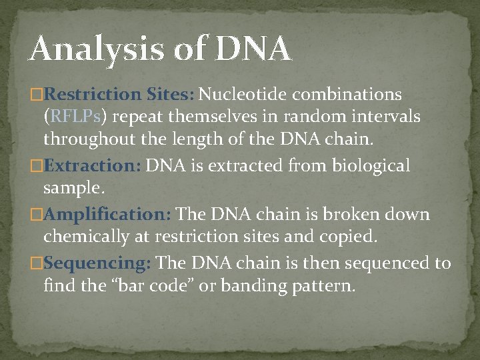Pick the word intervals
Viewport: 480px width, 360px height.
pos(387,117)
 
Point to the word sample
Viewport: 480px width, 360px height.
pos(74,189)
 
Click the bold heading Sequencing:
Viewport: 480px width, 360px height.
pos(98,263)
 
